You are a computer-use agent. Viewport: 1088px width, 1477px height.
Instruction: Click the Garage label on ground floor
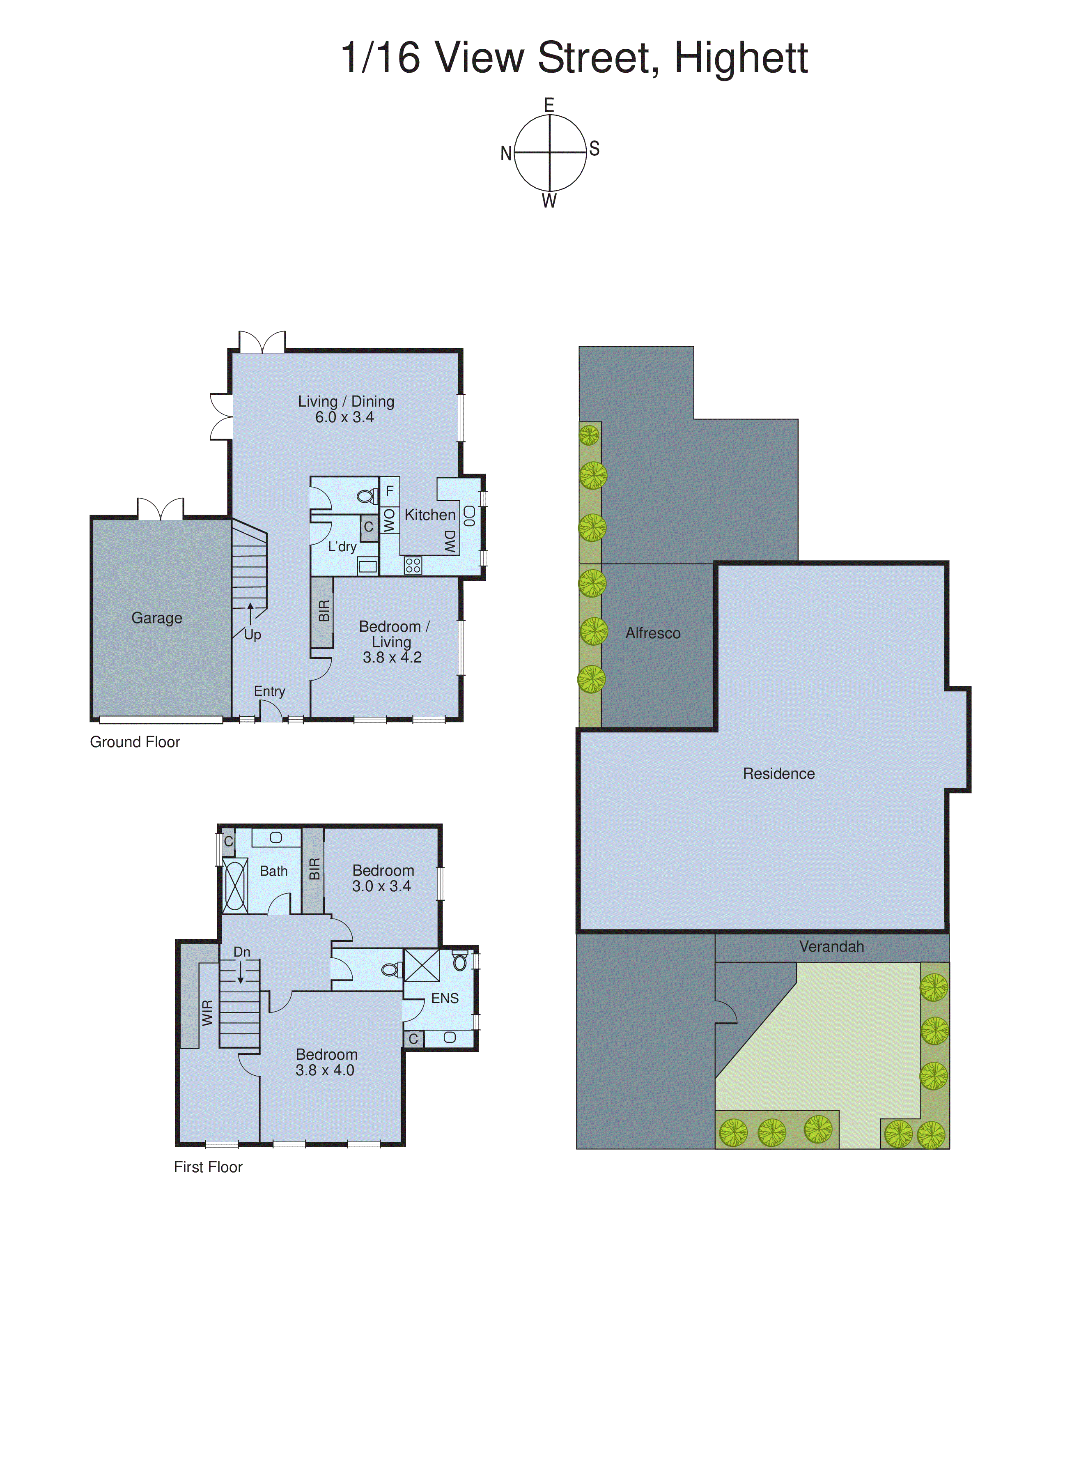coord(157,618)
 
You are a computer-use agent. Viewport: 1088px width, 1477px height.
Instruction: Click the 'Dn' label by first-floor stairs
coord(242,952)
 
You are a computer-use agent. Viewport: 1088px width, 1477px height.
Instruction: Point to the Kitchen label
coord(429,515)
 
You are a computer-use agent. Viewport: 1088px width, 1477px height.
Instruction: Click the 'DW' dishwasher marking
coord(450,541)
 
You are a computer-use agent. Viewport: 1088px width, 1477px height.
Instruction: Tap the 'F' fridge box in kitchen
coord(389,491)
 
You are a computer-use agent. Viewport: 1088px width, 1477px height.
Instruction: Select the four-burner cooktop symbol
coord(413,565)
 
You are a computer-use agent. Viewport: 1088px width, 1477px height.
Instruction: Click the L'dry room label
coord(342,546)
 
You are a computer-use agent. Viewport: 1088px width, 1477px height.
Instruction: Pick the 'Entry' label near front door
coord(269,691)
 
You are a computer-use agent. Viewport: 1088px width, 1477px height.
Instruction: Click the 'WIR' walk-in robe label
coord(207,1012)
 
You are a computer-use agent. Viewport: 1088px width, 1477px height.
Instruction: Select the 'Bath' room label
coord(273,871)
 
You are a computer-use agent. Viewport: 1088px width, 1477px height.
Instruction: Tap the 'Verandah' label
coord(831,947)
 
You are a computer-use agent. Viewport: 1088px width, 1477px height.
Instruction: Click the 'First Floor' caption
coord(208,1167)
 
